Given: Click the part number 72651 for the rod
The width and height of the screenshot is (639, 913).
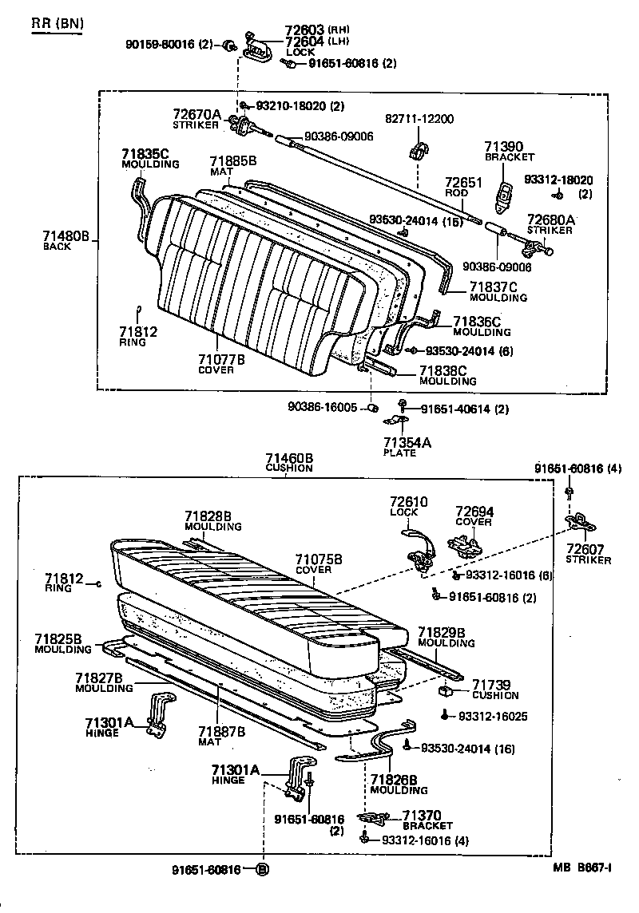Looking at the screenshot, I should tap(463, 183).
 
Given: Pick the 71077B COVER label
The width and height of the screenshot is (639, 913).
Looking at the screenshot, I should tap(221, 364).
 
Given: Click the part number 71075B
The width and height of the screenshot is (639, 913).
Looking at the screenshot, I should tap(318, 559).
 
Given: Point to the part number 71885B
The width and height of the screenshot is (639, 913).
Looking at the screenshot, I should tap(232, 161).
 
